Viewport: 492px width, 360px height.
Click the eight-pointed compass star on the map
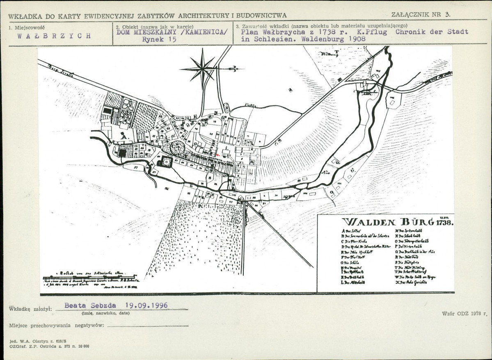click(x=203, y=68)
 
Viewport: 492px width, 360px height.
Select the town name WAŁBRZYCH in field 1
click(x=54, y=36)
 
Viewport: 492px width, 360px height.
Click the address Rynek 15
click(x=159, y=40)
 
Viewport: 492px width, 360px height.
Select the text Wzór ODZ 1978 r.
click(x=464, y=313)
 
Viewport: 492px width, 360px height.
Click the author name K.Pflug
click(x=372, y=32)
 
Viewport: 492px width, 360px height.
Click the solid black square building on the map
click(x=122, y=153)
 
